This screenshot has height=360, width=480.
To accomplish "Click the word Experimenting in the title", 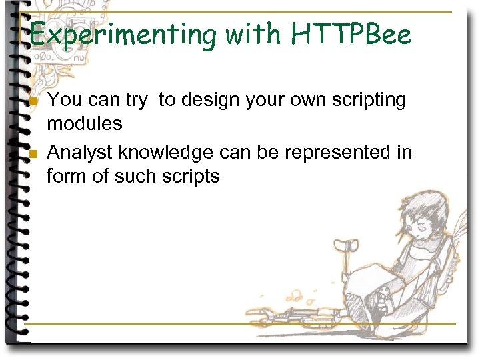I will coord(124,35).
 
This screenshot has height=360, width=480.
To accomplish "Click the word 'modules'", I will coord(84,123).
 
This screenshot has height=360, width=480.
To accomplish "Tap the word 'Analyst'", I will coord(81,153).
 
